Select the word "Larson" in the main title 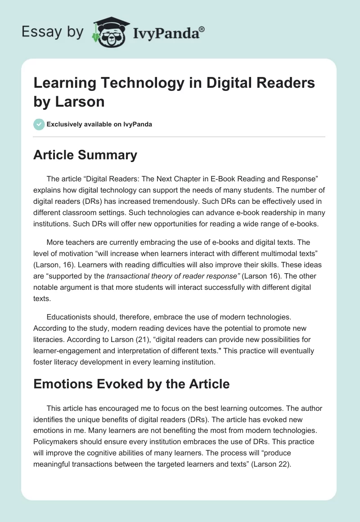tap(81, 101)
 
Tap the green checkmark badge tap(39, 124)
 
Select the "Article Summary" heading tap(85, 155)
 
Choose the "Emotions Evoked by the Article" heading tap(131, 384)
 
